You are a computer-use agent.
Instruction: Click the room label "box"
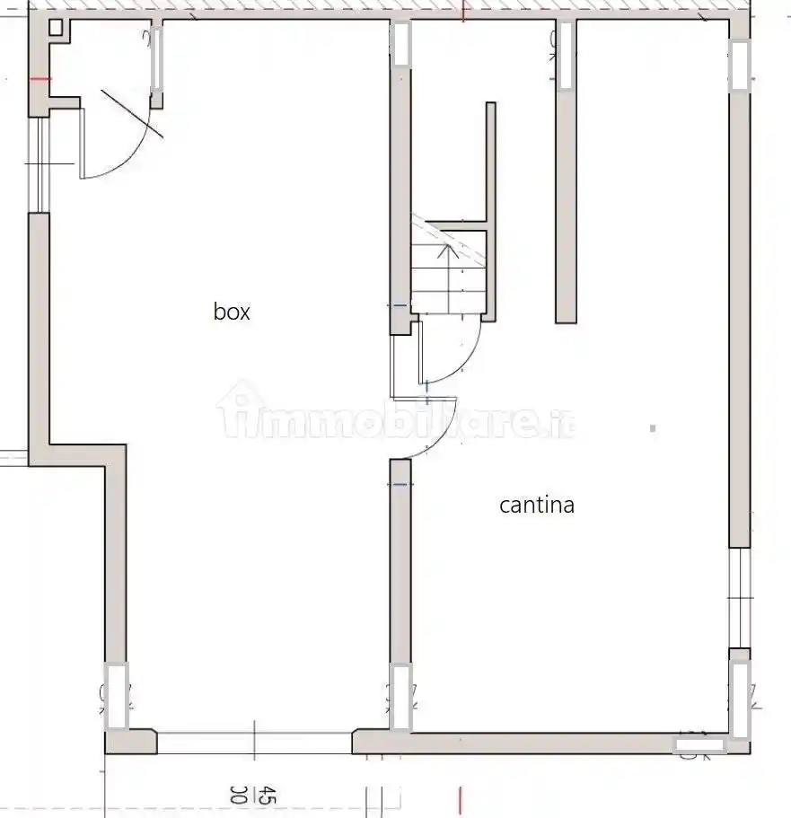[232, 312]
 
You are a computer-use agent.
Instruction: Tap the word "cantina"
[536, 505]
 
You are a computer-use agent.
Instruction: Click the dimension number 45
[266, 795]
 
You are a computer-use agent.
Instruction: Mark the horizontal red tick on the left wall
[40, 79]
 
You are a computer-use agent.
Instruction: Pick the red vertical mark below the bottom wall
[461, 799]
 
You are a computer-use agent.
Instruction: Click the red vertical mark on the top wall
[462, 11]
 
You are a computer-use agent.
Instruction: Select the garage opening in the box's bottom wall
[254, 742]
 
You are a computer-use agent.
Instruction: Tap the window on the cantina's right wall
[738, 597]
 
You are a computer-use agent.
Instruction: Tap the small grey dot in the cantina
[652, 429]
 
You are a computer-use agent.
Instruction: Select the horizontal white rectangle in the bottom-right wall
[699, 744]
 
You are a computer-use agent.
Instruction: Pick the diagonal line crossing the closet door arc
[132, 113]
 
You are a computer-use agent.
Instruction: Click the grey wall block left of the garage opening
[131, 742]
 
